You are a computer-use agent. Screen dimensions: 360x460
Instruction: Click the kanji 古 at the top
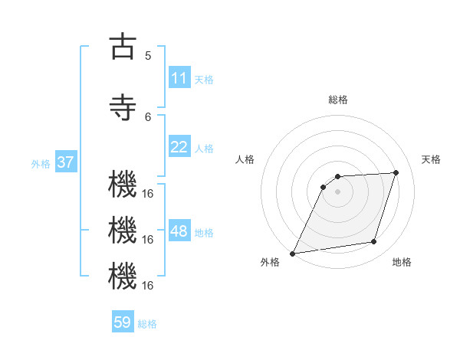coord(123,47)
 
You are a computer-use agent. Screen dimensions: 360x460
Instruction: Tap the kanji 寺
coord(123,107)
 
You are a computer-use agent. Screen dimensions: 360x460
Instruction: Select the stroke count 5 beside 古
coord(148,56)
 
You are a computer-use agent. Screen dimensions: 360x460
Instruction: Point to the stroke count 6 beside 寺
coord(148,116)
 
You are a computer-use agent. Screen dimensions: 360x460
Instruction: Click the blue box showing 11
coord(179,78)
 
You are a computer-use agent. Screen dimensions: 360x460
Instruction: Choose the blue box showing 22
coord(179,147)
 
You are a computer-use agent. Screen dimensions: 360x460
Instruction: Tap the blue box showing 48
coord(179,231)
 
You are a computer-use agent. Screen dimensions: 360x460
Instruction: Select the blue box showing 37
coord(65,162)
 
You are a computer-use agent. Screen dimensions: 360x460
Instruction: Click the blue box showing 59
coord(122,322)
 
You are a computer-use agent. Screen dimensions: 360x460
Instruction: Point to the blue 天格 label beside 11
coord(204,79)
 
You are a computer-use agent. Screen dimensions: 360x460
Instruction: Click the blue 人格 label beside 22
coord(204,148)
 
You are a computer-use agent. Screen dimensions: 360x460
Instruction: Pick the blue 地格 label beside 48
coord(204,232)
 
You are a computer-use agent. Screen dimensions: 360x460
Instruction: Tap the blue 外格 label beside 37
coord(41,163)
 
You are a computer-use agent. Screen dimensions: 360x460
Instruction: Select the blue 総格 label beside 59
coord(147,323)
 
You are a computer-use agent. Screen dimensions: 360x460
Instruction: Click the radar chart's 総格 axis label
coord(337,100)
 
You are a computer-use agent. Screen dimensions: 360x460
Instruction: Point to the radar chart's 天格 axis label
coord(431,159)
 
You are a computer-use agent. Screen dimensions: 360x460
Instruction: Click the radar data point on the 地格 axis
coord(374,242)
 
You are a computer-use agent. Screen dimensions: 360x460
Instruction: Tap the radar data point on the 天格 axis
coord(396,172)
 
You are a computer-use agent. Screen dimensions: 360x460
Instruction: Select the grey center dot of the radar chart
coord(337,191)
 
